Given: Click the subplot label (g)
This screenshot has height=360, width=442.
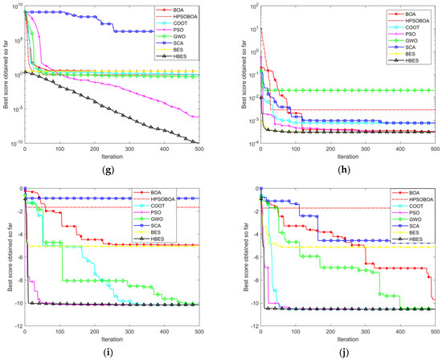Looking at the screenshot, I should pyautogui.click(x=110, y=170).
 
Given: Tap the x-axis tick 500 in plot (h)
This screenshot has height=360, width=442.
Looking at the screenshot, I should pyautogui.click(x=434, y=149).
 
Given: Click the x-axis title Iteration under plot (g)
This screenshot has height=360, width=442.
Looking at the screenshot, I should pyautogui.click(x=110, y=157).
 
